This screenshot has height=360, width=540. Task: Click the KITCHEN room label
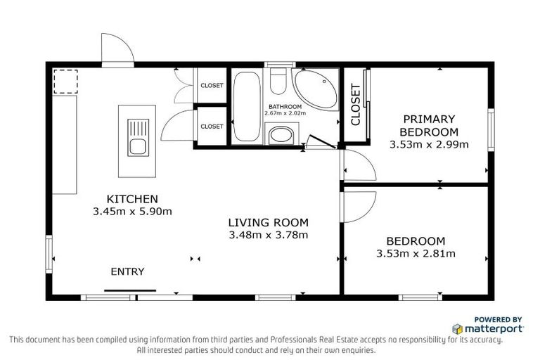pyautogui.click(x=131, y=198)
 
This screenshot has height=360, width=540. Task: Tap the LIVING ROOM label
pyautogui.click(x=268, y=222)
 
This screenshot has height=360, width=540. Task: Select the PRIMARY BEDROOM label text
pyautogui.click(x=429, y=125)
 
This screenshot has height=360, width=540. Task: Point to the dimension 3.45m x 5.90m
pyautogui.click(x=132, y=211)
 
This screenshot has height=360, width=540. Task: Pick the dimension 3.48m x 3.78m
pyautogui.click(x=268, y=235)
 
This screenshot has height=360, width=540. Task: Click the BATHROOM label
pyautogui.click(x=283, y=106)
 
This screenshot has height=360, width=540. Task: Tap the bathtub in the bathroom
pyautogui.click(x=246, y=105)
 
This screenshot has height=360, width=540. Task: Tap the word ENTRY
pyautogui.click(x=127, y=272)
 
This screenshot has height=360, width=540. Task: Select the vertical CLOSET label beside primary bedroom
pyautogui.click(x=355, y=105)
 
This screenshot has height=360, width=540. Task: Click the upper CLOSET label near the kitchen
pyautogui.click(x=212, y=86)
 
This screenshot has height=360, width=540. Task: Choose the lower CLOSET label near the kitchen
pyautogui.click(x=212, y=127)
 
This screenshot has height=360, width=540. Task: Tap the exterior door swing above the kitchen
pyautogui.click(x=115, y=49)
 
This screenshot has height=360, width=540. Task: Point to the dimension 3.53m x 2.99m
pyautogui.click(x=429, y=145)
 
